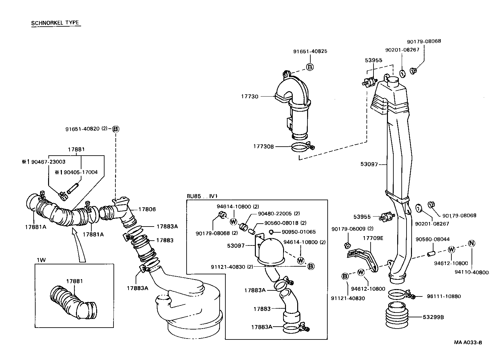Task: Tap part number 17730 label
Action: [250, 96]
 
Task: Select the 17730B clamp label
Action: [264, 146]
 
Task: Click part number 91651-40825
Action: [310, 51]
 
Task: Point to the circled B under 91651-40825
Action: [310, 67]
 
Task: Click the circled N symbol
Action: [471, 243]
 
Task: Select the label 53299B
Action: [433, 317]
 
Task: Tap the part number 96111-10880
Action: [444, 296]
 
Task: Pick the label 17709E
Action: [373, 238]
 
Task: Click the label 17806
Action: [147, 209]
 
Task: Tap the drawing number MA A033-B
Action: [468, 342]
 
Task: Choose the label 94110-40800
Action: [471, 272]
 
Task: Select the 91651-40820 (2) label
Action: [86, 129]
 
